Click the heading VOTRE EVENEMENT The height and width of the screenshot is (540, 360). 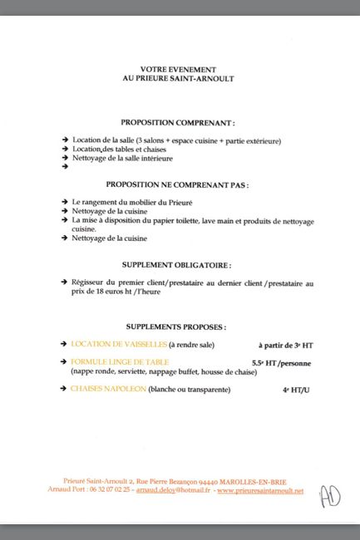pyautogui.click(x=178, y=70)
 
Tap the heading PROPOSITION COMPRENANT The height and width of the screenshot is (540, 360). pyautogui.click(x=177, y=122)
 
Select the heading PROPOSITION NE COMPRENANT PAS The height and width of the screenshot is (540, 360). pyautogui.click(x=177, y=184)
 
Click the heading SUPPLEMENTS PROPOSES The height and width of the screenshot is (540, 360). pyautogui.click(x=177, y=327)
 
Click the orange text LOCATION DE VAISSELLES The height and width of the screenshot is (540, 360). pyautogui.click(x=118, y=344)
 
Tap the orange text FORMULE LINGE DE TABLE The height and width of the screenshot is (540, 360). pyautogui.click(x=120, y=362)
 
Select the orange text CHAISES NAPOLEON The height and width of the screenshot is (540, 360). pyautogui.click(x=108, y=389)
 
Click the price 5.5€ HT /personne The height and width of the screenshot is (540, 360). pyautogui.click(x=284, y=363)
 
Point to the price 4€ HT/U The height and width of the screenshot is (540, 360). pyautogui.click(x=296, y=389)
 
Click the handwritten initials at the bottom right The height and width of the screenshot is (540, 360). pyautogui.click(x=329, y=496)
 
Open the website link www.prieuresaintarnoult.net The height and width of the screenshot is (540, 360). pyautogui.click(x=259, y=490)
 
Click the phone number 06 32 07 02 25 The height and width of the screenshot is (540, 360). pyautogui.click(x=110, y=490)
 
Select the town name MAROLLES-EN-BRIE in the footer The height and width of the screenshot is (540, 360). pyautogui.click(x=266, y=481)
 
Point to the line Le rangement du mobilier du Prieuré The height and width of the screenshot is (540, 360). pyautogui.click(x=131, y=202)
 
